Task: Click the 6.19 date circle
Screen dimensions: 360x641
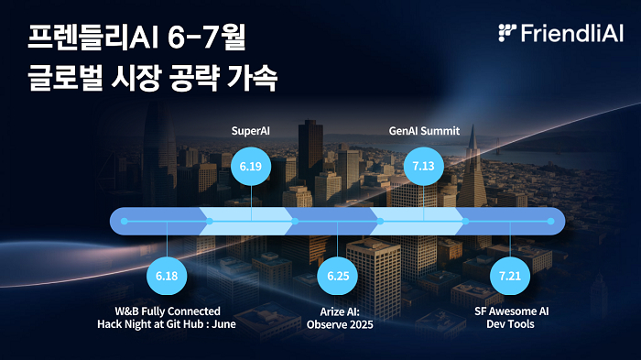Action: click(x=251, y=167)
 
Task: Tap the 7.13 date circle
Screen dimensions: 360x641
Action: click(x=423, y=167)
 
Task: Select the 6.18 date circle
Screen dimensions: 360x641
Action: click(x=167, y=275)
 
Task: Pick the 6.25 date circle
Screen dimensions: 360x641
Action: click(x=339, y=275)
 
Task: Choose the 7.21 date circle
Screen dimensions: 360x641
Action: click(x=510, y=275)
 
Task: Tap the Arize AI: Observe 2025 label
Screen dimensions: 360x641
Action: click(x=340, y=317)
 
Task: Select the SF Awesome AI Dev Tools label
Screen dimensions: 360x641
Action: click(x=511, y=317)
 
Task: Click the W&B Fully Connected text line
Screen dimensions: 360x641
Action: click(x=167, y=311)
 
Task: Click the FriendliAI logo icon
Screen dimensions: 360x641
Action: click(x=507, y=33)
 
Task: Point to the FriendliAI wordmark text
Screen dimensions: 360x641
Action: click(x=571, y=34)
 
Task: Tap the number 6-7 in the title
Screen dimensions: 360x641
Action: click(x=188, y=39)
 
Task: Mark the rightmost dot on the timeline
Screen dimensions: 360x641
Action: click(x=550, y=221)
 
